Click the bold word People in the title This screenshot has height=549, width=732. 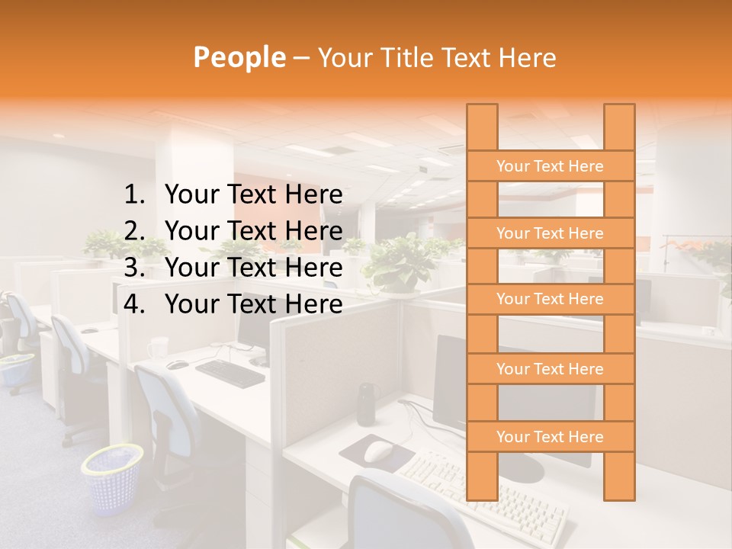(239, 57)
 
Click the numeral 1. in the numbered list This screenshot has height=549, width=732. (134, 195)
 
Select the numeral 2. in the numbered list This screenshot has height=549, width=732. (134, 231)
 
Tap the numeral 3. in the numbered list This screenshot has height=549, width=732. (134, 268)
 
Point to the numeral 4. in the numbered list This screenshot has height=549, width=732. (134, 304)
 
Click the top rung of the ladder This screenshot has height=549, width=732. (550, 166)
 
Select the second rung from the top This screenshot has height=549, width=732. (550, 233)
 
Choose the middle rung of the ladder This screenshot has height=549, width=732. (550, 299)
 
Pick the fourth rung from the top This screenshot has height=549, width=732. (550, 369)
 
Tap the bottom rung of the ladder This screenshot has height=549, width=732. (550, 437)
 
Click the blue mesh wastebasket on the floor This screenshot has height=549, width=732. (113, 478)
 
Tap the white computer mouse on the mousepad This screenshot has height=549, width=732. (378, 451)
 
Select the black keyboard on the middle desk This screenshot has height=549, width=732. (230, 371)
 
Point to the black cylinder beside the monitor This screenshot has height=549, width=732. (367, 403)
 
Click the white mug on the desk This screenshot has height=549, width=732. (158, 348)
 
